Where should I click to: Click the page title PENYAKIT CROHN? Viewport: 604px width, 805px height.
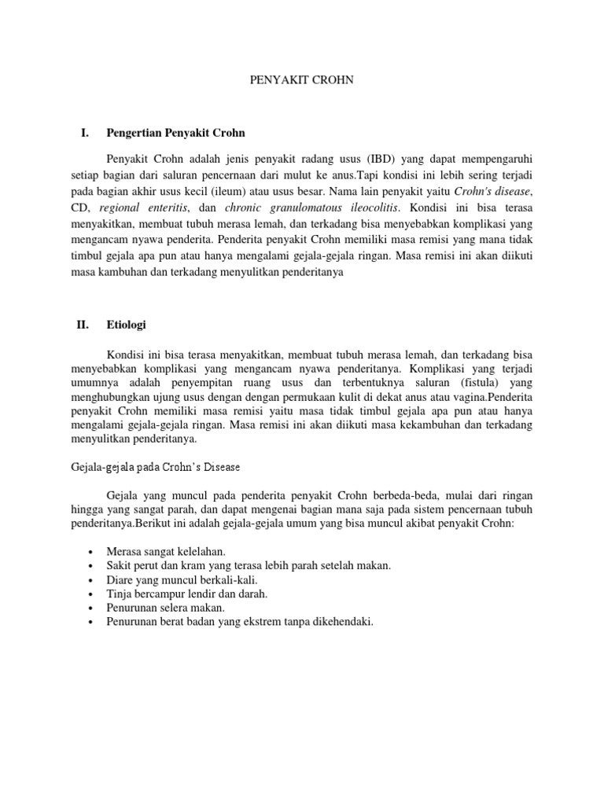pyautogui.click(x=301, y=80)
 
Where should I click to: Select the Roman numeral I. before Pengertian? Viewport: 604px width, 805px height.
pyautogui.click(x=86, y=134)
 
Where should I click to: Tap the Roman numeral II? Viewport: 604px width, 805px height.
pyautogui.click(x=84, y=324)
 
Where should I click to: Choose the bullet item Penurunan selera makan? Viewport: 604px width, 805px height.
pyautogui.click(x=165, y=608)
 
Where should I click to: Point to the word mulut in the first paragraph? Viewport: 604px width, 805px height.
pyautogui.click(x=310, y=174)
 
